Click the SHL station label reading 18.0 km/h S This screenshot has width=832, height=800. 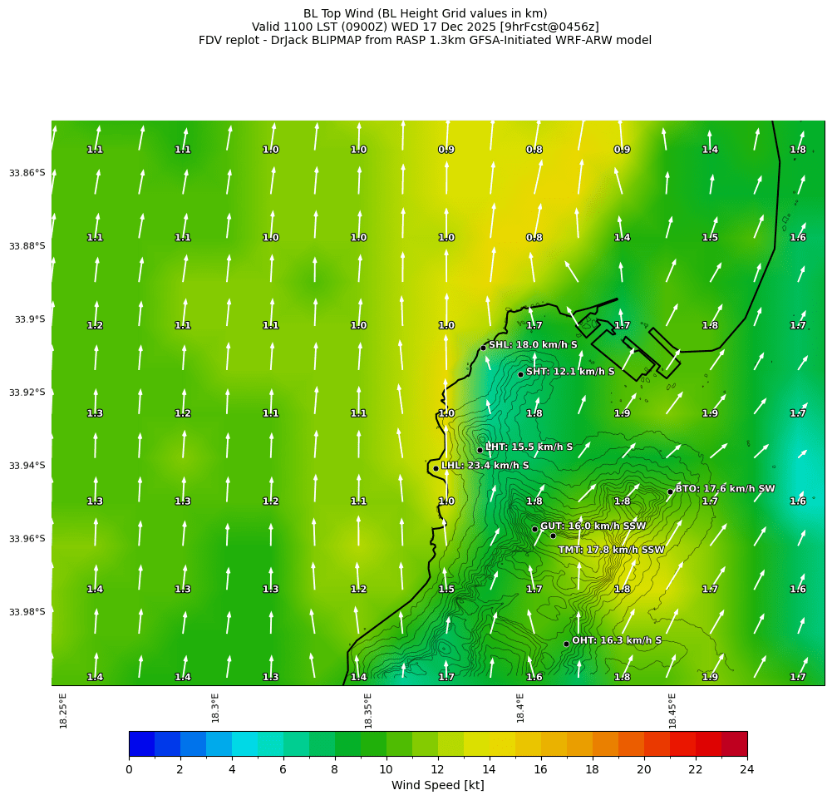532,344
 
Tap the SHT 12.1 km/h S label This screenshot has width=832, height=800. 570,372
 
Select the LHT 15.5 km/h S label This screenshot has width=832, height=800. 529,447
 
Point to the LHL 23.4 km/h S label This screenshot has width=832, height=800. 485,466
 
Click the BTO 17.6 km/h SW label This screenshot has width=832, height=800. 725,489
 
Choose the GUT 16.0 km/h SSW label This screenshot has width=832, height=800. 593,526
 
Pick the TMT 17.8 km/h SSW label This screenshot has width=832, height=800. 611,550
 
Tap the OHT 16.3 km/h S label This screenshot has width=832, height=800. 617,640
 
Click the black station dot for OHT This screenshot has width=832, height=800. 566,644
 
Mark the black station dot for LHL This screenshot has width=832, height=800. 436,468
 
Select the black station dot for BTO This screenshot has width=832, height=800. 670,491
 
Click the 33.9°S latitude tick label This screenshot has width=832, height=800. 30,319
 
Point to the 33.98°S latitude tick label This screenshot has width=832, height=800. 27,612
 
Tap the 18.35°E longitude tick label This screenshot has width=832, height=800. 368,711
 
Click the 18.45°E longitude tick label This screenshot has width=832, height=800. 672,711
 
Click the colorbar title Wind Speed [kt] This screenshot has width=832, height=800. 437,786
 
